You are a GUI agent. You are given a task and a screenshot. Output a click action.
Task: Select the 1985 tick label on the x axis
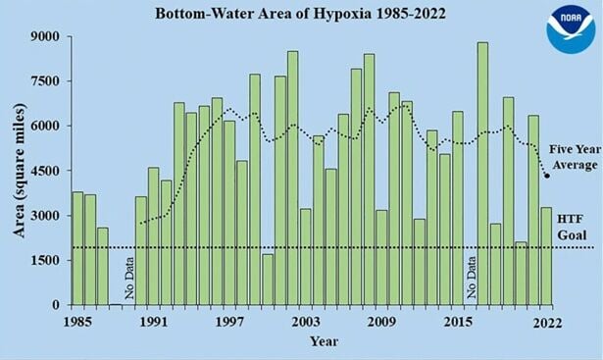pos(77,323)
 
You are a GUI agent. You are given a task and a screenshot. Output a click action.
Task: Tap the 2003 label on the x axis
pos(305,323)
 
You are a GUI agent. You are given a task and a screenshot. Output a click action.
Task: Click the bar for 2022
pos(545,256)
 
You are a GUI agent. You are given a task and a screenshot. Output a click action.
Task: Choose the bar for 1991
pos(153,236)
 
